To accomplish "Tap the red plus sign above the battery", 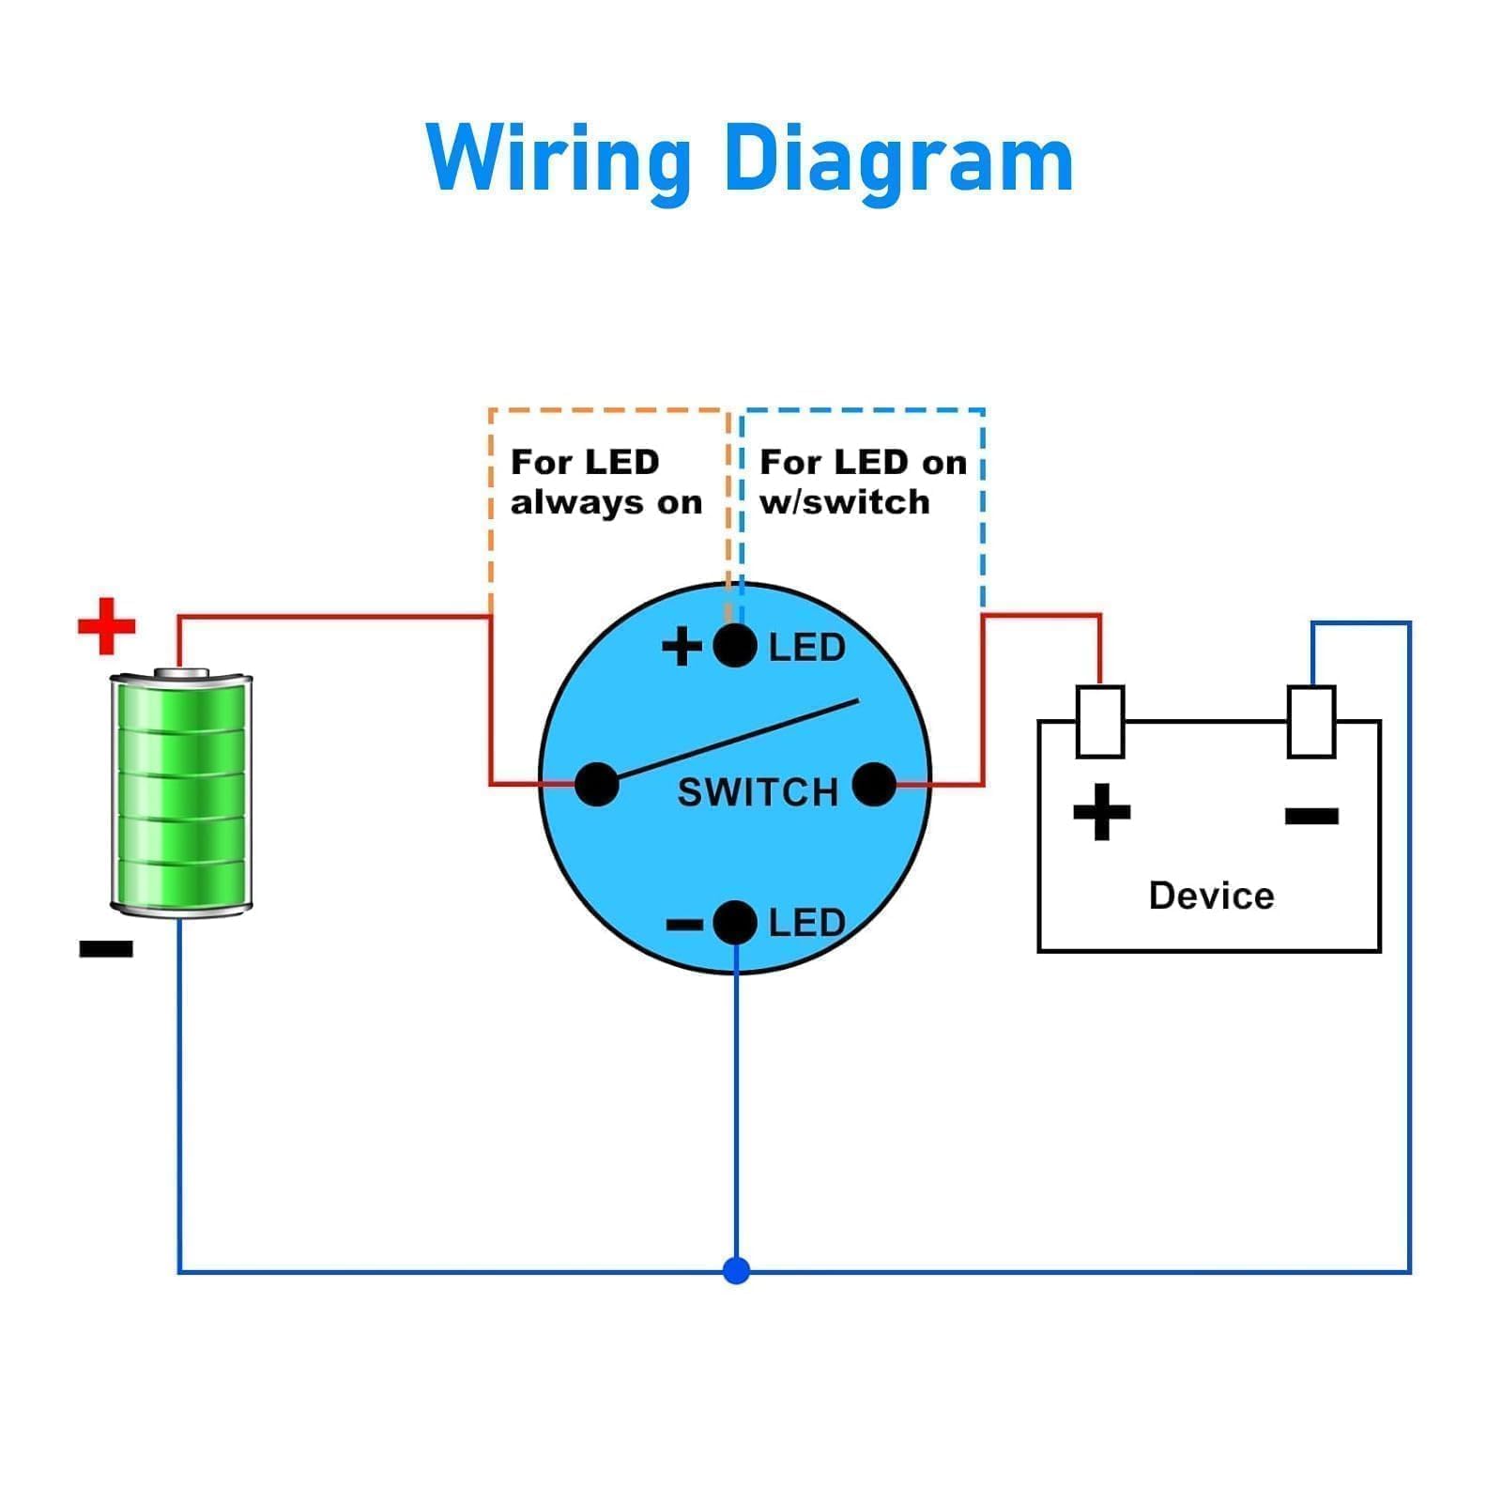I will pyautogui.click(x=106, y=625).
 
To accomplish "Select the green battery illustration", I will pyautogui.click(x=181, y=792).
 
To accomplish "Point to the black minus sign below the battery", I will pyautogui.click(x=106, y=949).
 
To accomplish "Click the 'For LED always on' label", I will pyautogui.click(x=605, y=483).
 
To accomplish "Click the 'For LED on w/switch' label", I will pyautogui.click(x=862, y=483).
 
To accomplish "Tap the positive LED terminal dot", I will pyautogui.click(x=735, y=646).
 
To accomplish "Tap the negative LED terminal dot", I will pyautogui.click(x=735, y=922).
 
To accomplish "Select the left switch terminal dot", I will pyautogui.click(x=596, y=784).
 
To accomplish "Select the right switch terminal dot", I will pyautogui.click(x=874, y=784).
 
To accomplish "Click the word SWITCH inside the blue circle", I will pyautogui.click(x=757, y=793).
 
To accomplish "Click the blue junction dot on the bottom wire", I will pyautogui.click(x=737, y=1271).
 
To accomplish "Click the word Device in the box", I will pyautogui.click(x=1211, y=896).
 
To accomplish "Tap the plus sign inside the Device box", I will pyautogui.click(x=1101, y=812).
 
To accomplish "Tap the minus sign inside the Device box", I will pyautogui.click(x=1311, y=815).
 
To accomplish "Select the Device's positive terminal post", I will pyautogui.click(x=1100, y=721).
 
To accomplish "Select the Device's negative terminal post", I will pyautogui.click(x=1311, y=721).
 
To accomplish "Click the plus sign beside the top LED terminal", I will pyautogui.click(x=682, y=647).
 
